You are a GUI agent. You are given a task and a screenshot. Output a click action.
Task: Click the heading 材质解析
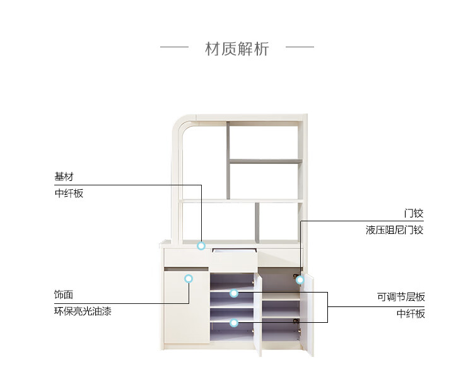[x=237, y=49]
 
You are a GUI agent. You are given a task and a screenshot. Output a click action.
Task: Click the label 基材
[x=64, y=177]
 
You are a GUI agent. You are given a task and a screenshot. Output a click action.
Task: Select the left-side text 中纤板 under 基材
[x=69, y=194]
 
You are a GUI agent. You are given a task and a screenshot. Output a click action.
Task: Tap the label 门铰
[x=414, y=213]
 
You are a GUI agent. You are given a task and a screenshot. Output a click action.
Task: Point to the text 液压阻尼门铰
[x=394, y=230]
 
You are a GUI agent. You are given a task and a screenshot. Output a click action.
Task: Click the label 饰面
[x=64, y=294]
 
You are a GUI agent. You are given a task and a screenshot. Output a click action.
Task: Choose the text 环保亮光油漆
[x=83, y=311]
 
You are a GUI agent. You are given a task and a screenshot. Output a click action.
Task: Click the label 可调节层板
[x=401, y=297]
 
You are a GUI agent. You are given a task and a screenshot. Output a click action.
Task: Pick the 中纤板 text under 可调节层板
[x=411, y=313]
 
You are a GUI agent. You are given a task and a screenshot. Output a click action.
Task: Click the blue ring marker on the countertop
[x=201, y=246]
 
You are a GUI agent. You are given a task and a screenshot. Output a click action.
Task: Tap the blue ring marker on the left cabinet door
[x=188, y=278]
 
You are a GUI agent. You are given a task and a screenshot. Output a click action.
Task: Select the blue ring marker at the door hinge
[x=300, y=280]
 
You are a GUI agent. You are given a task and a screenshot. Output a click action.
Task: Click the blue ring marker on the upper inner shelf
[x=234, y=293]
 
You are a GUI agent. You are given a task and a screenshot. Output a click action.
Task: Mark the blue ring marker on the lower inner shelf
[x=234, y=323]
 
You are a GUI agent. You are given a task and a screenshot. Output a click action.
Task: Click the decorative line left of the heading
[x=174, y=47]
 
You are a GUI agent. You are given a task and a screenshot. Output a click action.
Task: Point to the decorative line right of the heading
[x=300, y=47]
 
